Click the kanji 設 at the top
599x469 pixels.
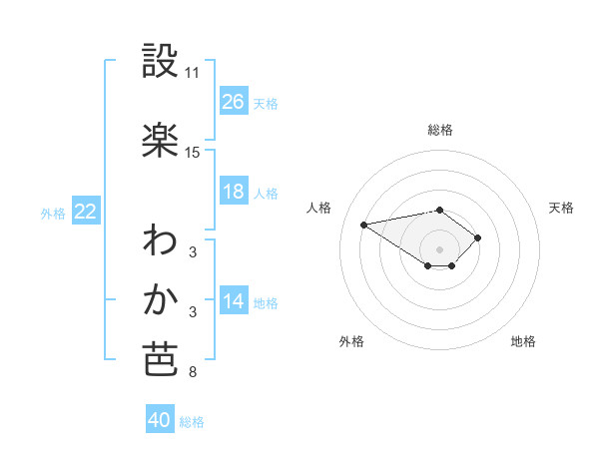[161, 62]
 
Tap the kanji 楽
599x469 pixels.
[161, 140]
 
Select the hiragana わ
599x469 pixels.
[160, 240]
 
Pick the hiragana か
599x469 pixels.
[160, 300]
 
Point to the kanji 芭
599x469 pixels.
[160, 359]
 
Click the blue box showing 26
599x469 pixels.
[234, 101]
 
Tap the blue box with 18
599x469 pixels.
[234, 192]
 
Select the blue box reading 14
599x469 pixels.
[234, 301]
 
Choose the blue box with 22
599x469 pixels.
[86, 212]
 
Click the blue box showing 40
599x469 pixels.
[160, 420]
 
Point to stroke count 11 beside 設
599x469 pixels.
[193, 73]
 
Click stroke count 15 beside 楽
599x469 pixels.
[193, 152]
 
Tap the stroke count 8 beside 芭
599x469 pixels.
[192, 372]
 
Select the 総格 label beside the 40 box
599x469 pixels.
[192, 422]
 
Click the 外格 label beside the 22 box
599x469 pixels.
[53, 213]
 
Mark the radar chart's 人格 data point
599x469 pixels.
[364, 224]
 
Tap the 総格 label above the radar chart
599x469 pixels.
[440, 130]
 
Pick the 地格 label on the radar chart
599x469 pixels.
[523, 341]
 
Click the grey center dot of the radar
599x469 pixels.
[440, 249]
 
